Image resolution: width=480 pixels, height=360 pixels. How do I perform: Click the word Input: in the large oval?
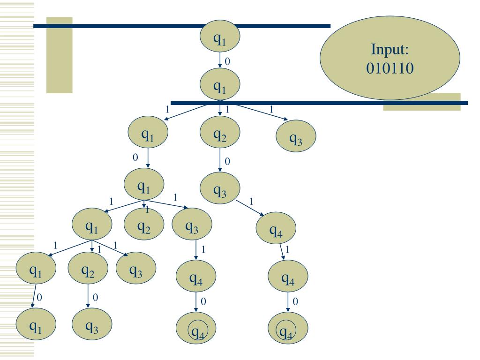[x=390, y=49]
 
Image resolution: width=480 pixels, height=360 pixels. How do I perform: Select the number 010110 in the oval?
[x=390, y=68]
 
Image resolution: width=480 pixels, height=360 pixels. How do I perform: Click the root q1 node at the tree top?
[x=220, y=36]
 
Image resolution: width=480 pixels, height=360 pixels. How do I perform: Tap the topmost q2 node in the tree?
[x=220, y=132]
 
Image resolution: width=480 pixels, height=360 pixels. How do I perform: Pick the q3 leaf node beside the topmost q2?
[x=296, y=136]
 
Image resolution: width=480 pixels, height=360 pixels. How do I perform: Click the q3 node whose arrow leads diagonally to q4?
[x=220, y=188]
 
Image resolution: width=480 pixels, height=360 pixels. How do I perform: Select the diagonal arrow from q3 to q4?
[x=250, y=208]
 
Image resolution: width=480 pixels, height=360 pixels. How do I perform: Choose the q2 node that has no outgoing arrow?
[x=144, y=224]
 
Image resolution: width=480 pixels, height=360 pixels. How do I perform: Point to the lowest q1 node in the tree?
[x=36, y=324]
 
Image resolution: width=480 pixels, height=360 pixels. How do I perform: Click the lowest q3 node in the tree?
[x=92, y=324]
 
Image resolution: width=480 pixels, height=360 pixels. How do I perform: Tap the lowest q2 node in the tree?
[x=88, y=268]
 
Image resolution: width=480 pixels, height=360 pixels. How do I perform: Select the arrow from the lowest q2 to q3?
[x=88, y=296]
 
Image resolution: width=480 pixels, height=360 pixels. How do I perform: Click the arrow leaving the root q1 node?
[x=220, y=60]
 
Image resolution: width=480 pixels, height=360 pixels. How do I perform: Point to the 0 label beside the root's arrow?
[x=227, y=61]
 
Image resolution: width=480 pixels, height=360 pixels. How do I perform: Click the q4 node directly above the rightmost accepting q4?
[x=288, y=276]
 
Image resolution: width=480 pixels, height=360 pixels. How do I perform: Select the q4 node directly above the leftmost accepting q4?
[x=196, y=276]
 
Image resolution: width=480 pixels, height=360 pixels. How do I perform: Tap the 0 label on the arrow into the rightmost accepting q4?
[x=295, y=301]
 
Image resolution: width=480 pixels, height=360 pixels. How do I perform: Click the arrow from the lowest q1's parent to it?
[x=34, y=296]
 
